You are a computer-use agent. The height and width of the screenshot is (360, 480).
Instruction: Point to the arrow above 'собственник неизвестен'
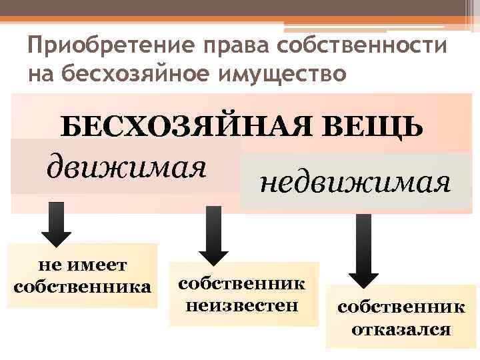click(x=214, y=233)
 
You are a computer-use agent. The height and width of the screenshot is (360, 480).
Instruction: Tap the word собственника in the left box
click(x=82, y=287)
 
